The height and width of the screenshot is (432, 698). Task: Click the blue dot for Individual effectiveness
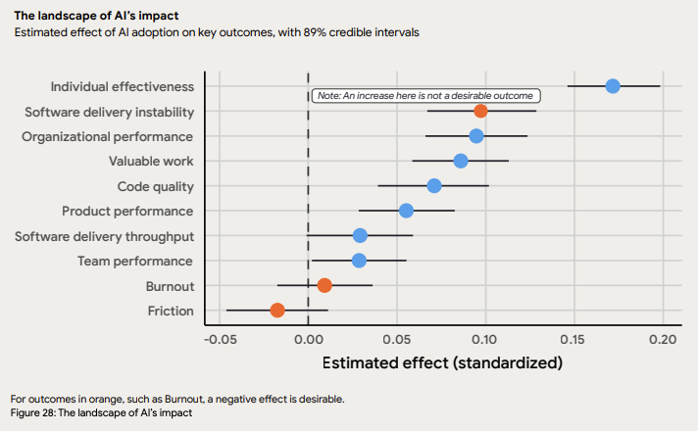click(613, 86)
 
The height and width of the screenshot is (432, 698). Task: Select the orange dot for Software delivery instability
click(480, 111)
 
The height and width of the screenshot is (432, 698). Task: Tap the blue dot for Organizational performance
click(476, 136)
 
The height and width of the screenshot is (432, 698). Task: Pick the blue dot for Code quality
click(434, 186)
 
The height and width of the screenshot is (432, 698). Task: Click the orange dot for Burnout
click(324, 285)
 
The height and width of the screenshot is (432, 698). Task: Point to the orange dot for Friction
click(277, 311)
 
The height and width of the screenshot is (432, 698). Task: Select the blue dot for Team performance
click(359, 261)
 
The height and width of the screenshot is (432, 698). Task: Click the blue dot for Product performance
click(406, 211)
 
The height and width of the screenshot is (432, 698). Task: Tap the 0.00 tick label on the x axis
click(308, 339)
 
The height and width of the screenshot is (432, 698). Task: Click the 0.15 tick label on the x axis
click(574, 339)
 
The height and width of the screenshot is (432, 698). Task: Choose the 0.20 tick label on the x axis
click(663, 339)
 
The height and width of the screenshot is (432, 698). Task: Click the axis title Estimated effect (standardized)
click(442, 362)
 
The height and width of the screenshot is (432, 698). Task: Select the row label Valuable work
click(152, 161)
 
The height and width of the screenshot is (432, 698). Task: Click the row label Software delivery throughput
click(104, 236)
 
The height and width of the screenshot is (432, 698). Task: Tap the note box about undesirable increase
click(425, 96)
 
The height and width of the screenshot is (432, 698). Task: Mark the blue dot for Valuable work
click(461, 161)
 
